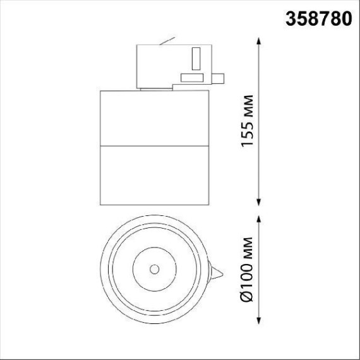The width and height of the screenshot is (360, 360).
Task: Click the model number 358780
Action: coord(318,18)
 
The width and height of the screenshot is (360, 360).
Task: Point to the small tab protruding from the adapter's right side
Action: coord(219,78)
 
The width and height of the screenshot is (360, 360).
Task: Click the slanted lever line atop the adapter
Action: coord(167,42)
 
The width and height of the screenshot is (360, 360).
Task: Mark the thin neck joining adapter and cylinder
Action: coord(154,89)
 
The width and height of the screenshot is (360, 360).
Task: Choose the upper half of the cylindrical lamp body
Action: coord(153,119)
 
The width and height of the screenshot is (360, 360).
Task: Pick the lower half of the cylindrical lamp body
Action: coord(153,177)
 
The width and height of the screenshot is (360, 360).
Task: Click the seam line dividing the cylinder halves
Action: coord(153,147)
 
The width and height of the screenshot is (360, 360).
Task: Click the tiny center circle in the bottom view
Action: coord(154,269)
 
